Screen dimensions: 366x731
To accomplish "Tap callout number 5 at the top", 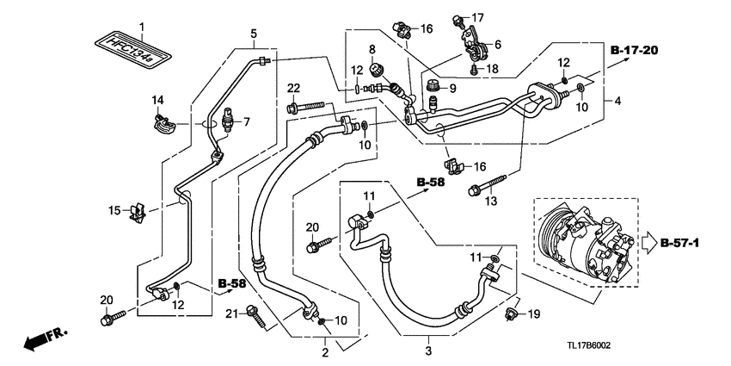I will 254,34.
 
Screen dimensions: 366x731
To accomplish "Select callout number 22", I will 293,89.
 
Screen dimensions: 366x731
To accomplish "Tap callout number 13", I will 490,202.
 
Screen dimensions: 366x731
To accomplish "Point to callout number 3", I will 427,351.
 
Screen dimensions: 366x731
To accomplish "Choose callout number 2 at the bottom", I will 326,352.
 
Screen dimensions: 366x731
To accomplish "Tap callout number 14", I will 159,100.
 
